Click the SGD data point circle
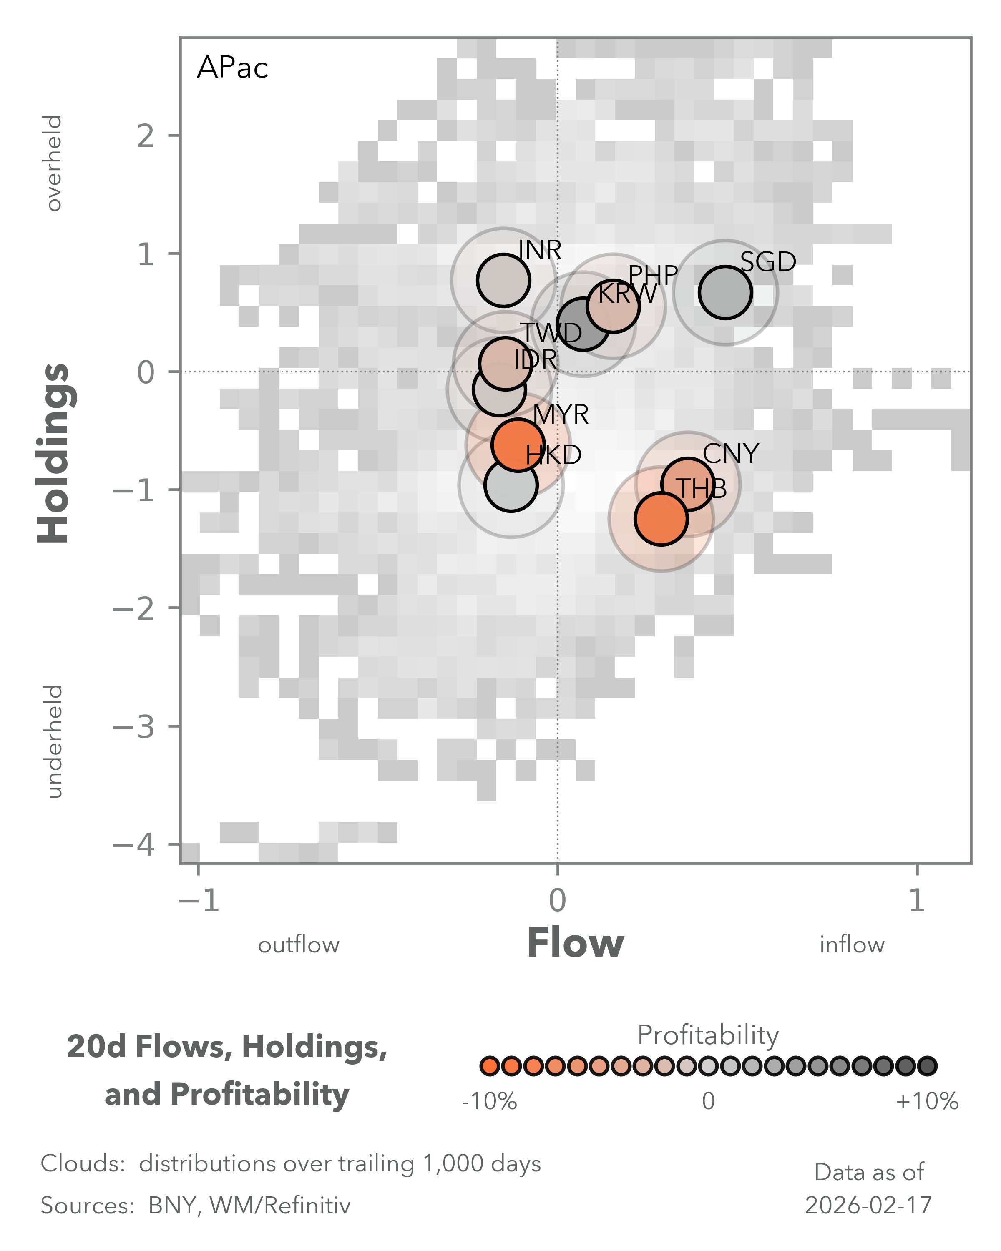click(725, 292)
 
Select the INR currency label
click(540, 251)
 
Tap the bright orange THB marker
click(661, 519)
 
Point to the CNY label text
click(731, 454)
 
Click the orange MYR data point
click(517, 445)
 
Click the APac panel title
click(232, 68)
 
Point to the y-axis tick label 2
click(146, 137)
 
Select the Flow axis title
click(575, 943)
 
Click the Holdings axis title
click(54, 452)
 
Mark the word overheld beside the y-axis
click(53, 163)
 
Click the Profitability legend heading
click(708, 1035)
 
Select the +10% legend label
click(927, 1101)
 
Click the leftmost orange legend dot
click(490, 1066)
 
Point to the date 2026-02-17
click(868, 1205)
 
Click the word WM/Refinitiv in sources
click(280, 1205)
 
